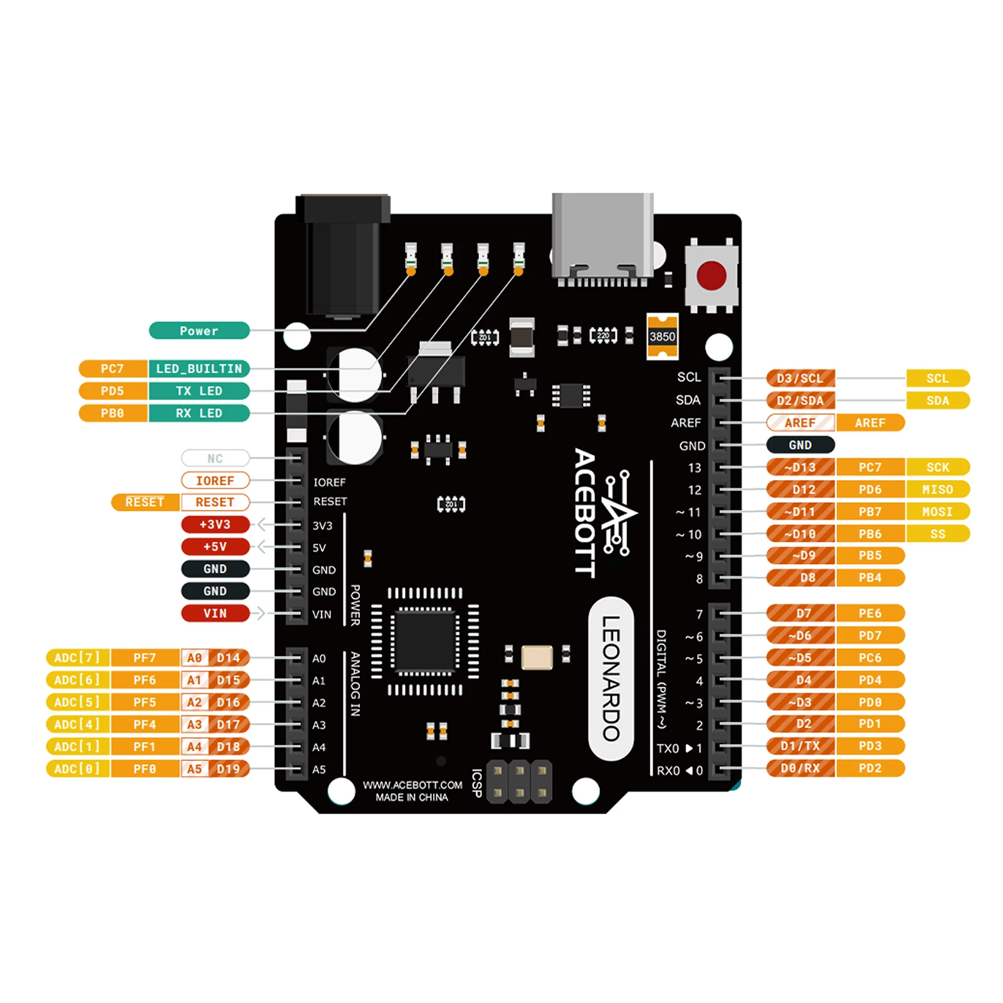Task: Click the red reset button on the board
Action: [712, 275]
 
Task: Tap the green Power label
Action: [199, 330]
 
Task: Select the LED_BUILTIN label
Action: [199, 369]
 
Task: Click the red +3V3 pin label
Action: [215, 524]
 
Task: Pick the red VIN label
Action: [215, 613]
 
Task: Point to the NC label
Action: [215, 458]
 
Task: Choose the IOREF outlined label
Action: [215, 480]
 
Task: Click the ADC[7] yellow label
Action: [77, 658]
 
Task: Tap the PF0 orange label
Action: [145, 769]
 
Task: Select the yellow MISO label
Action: [937, 489]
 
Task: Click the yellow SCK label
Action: [937, 467]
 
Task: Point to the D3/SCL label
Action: [800, 378]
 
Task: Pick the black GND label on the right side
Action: [800, 445]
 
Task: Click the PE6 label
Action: [870, 613]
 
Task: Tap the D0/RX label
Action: [800, 769]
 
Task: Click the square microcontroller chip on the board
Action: [424, 641]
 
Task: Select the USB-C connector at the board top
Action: [602, 238]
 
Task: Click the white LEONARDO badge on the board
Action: [611, 678]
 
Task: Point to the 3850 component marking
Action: [662, 337]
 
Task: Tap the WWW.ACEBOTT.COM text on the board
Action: [412, 785]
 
